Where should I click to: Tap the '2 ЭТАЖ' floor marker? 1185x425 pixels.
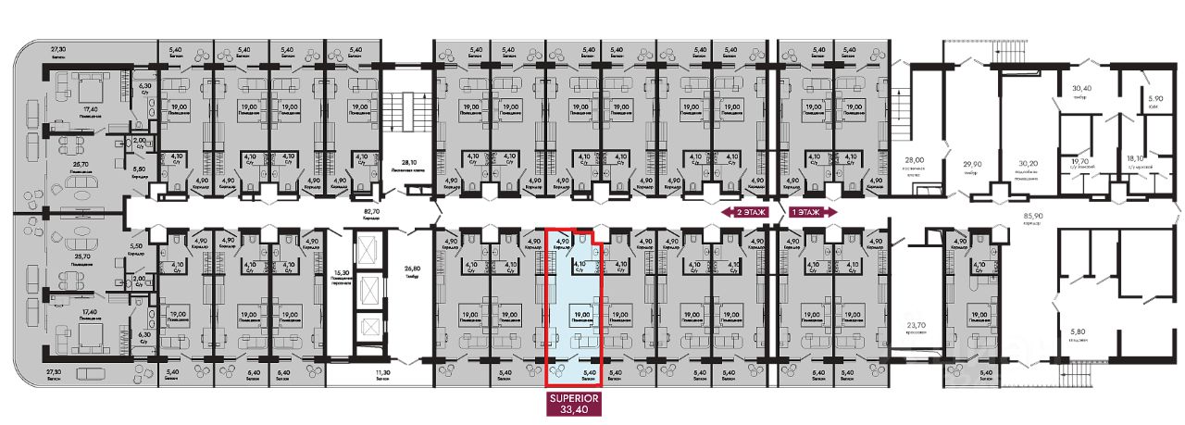coord(743,212)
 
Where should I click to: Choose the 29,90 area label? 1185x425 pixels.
coord(969,163)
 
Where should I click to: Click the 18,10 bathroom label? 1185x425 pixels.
coord(1135,159)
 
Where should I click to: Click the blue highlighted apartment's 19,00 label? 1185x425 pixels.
coord(582,315)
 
